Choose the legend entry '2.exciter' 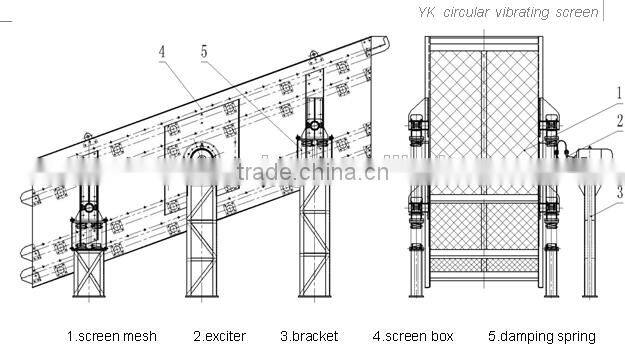click(x=220, y=336)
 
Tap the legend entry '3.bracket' click(x=309, y=336)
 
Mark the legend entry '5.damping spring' click(x=541, y=336)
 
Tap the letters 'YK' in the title click(x=425, y=12)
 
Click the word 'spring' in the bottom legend click(x=575, y=337)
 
